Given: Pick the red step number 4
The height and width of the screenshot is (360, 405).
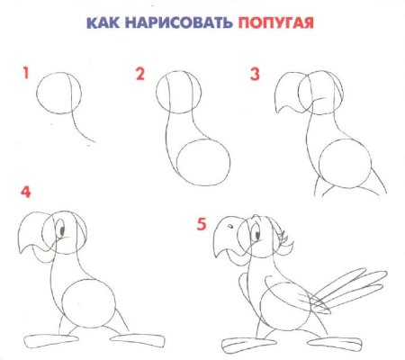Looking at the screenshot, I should (25, 193).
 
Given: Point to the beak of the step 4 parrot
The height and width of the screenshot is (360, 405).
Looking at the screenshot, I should (33, 237).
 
